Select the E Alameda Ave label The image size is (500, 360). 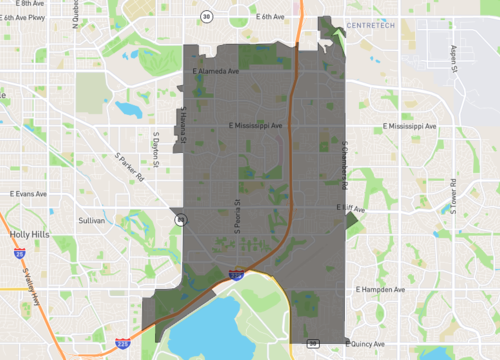(x=215, y=72)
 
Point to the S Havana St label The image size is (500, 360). (x=184, y=125)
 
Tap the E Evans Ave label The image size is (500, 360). (x=29, y=191)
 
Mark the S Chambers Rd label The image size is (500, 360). (x=342, y=162)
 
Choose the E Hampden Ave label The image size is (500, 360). (x=381, y=290)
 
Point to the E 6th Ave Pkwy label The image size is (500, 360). (x=24, y=18)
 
